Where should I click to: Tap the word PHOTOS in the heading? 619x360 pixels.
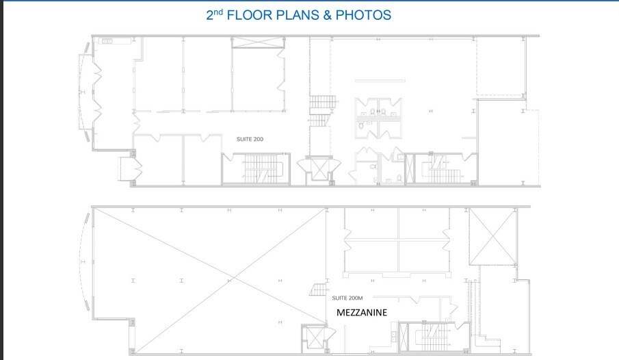tap(366, 15)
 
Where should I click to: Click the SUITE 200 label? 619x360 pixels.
tap(250, 139)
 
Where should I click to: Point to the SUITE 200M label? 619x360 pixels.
tap(347, 298)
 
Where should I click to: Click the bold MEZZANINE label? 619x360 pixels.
tap(362, 312)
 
